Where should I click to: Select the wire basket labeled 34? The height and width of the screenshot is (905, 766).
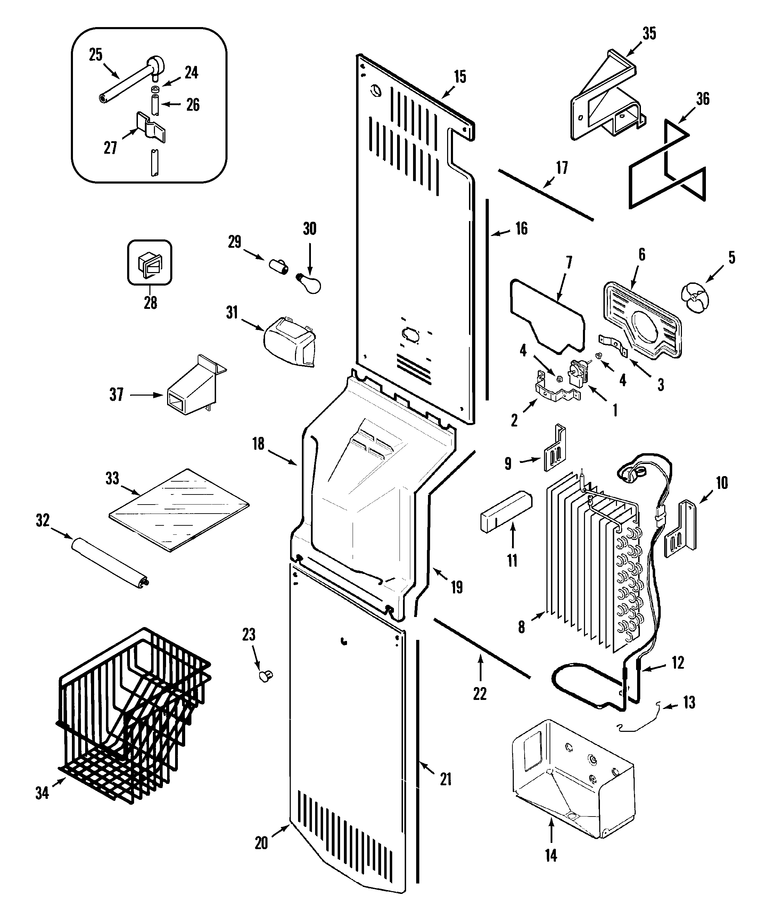tap(132, 716)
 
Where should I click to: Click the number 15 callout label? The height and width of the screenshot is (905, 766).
tap(460, 77)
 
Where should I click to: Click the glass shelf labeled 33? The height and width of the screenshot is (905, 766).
tap(179, 509)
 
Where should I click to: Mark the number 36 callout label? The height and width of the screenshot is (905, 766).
tap(702, 99)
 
